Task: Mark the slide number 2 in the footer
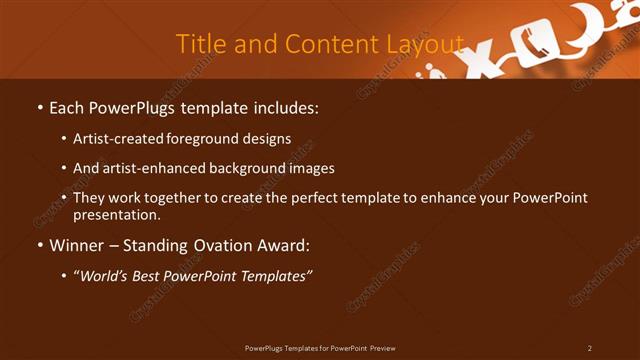[589, 347]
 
